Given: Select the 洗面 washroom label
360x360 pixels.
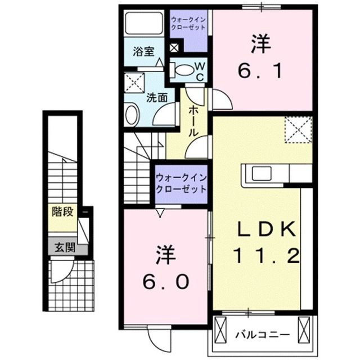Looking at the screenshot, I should tap(157, 97).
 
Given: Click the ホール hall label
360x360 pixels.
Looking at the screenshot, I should tap(193, 121).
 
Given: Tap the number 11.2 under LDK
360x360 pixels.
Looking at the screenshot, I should tap(264, 258).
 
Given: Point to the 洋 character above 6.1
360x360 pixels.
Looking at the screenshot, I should tap(258, 43).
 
